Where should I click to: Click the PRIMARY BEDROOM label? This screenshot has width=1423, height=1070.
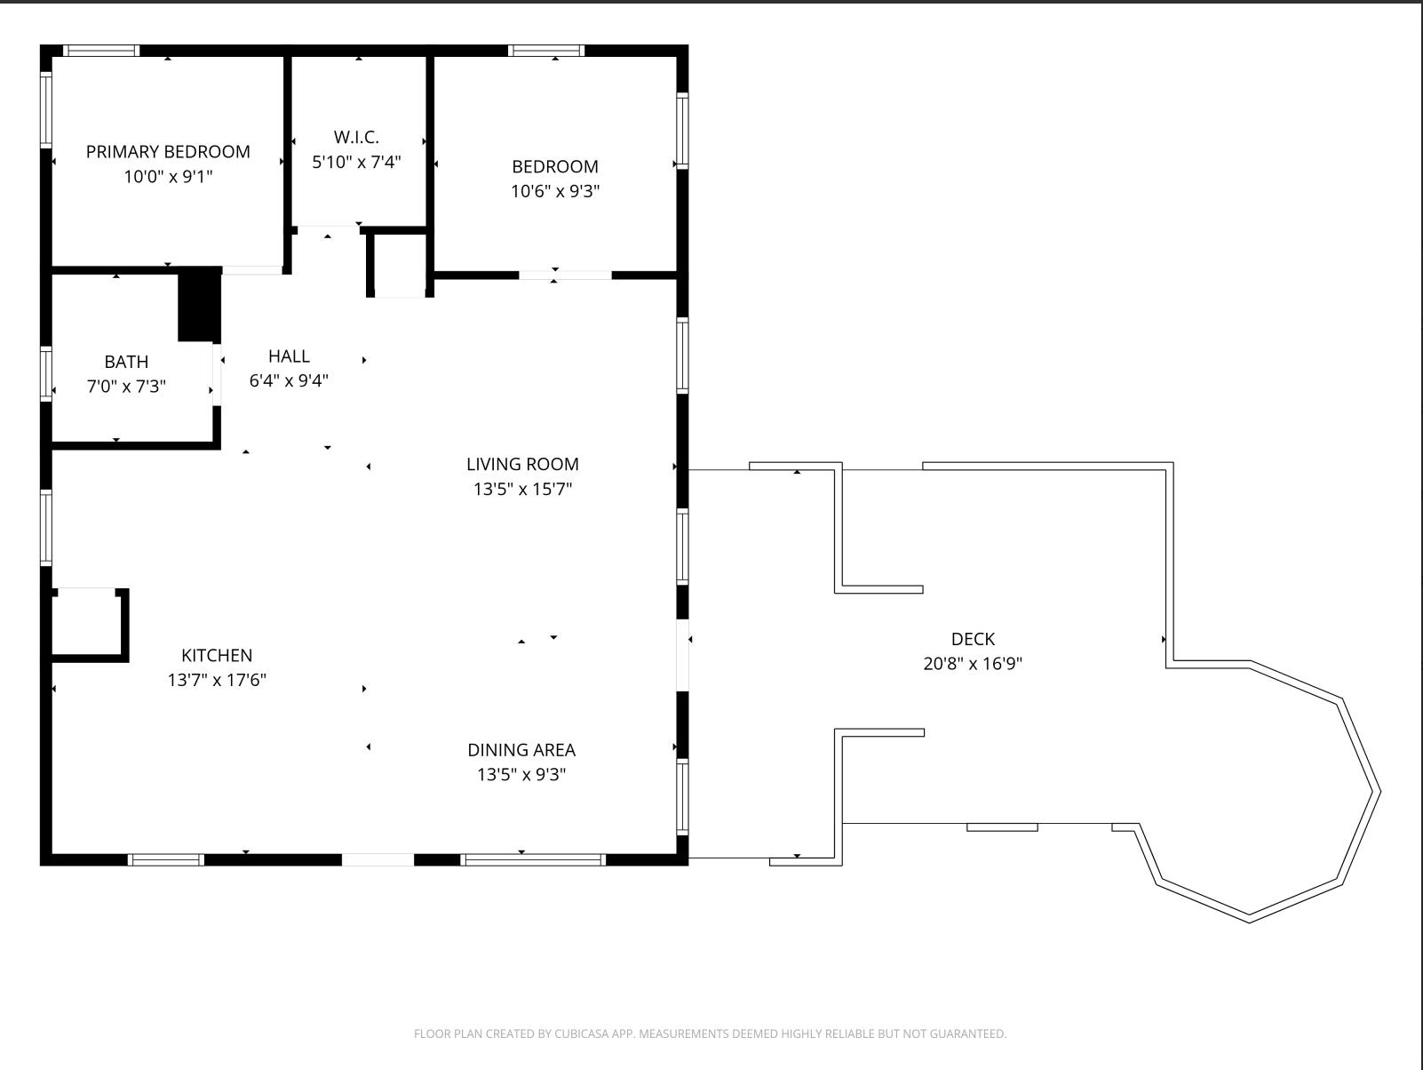pos(168,152)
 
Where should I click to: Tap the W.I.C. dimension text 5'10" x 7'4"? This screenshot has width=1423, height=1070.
pos(356,162)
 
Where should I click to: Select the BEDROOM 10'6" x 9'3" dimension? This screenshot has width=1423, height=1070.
pos(555,191)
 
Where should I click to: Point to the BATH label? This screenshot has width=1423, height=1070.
pos(126,362)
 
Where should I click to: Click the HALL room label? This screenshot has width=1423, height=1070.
pos(290,356)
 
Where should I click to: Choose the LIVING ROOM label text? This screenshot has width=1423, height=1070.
pos(522,464)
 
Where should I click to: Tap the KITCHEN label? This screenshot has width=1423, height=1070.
pos(217,656)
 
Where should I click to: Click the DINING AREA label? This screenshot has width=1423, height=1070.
pos(521,750)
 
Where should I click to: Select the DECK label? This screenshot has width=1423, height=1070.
pos(973,639)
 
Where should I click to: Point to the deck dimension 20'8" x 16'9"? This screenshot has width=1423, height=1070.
pos(973,664)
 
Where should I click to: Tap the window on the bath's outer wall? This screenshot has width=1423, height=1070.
pos(46,374)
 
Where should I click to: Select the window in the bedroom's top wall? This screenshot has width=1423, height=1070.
pos(546,51)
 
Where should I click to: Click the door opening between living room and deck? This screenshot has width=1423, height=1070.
pos(683,656)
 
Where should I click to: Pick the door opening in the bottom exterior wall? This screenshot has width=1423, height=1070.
pos(378,860)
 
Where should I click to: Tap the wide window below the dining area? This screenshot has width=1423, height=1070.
pos(533,860)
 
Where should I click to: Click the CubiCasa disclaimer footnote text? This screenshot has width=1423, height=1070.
pos(710,1034)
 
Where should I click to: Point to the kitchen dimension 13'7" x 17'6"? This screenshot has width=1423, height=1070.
pos(217,680)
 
